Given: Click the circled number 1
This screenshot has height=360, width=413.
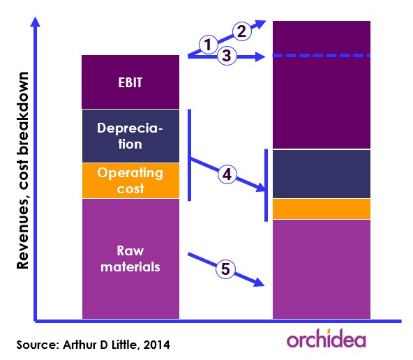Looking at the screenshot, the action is coord(208,45).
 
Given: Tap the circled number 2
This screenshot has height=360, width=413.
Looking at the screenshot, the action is coord(242,31).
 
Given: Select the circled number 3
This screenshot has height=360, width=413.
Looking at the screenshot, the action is coord(227,56).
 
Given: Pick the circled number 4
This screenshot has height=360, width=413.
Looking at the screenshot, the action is coord(227,174).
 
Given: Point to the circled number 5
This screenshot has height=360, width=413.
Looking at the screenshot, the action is coord(225,269).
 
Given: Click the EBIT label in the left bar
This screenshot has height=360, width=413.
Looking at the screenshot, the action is coord(130,82).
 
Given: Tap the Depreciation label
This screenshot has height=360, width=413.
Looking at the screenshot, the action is coord(130,136).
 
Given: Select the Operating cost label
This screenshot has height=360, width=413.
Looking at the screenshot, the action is coord(130,181).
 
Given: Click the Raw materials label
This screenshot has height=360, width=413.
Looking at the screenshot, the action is coord(130,259).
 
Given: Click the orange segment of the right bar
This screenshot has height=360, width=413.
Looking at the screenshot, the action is coord(322,209).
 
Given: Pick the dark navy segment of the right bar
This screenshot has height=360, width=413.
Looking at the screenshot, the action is coord(322,174).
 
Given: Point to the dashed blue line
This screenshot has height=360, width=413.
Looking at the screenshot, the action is coord(322,56).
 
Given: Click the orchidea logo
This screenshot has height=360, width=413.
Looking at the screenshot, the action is coord(326,338).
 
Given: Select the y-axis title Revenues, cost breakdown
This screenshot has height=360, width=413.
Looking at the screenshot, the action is coord(22,170).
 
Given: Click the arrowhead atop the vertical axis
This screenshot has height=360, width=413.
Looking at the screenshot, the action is coord(35,22).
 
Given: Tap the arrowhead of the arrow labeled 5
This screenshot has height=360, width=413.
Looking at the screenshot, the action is coord(260,282).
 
